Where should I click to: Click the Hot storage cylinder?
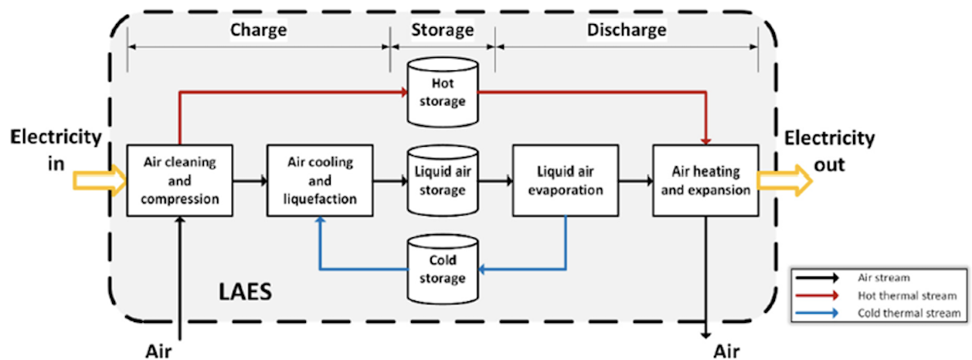pos(442,91)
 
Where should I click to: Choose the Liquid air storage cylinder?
pos(443,182)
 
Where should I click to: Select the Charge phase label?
pos(258,31)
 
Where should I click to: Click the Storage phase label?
pos(442,31)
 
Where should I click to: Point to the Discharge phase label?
pos(626,31)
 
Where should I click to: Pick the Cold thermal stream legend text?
pos(909,313)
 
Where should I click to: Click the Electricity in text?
pos(56,151)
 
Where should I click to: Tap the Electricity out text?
pos(829,151)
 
